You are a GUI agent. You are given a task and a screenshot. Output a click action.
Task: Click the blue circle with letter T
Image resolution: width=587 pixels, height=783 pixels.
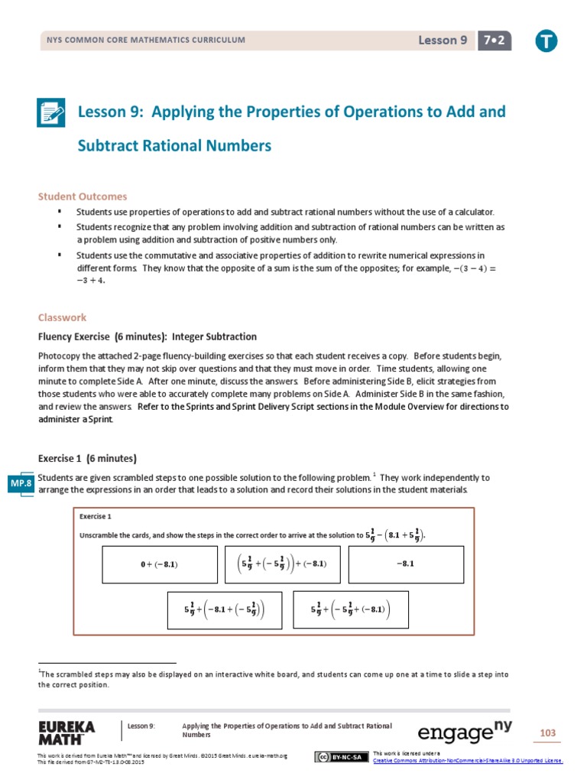tap(546, 42)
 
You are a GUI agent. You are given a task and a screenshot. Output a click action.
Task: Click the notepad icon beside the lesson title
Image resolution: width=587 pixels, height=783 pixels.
tap(52, 113)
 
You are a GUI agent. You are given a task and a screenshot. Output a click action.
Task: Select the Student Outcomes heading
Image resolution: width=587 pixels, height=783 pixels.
tap(83, 197)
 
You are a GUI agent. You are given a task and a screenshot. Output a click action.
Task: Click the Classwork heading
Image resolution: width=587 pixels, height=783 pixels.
tap(62, 317)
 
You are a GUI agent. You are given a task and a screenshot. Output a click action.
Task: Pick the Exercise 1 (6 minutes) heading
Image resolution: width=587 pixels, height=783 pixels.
tap(87, 458)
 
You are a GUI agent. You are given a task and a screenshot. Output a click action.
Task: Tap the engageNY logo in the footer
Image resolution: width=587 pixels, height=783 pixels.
tap(464, 732)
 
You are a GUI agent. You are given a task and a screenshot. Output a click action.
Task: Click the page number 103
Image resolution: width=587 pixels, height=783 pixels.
tap(547, 733)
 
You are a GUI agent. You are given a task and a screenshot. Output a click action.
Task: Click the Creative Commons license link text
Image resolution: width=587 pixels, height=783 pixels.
tap(467, 761)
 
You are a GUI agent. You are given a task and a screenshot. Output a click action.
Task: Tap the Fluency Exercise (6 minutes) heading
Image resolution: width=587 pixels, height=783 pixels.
tap(147, 336)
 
